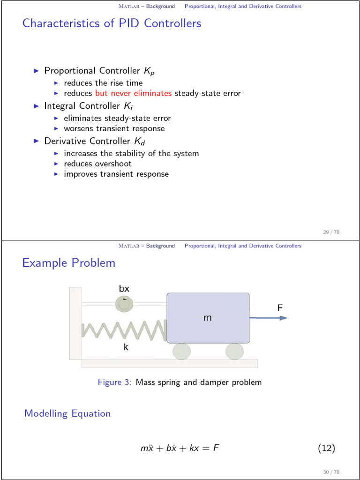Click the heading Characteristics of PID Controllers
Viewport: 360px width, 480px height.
pos(112,23)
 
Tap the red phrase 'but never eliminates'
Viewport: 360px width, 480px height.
pos(133,93)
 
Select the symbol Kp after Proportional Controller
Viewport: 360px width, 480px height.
pos(149,71)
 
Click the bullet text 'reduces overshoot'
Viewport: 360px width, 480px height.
pos(97,164)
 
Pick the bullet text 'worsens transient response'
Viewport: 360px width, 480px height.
pos(114,128)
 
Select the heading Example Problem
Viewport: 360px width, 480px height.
pos(68,262)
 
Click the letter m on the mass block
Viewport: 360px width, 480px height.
pos(208,318)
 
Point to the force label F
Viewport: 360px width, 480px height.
pos(280,308)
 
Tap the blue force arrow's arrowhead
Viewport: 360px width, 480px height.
pos(283,318)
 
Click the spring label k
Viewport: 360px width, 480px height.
pos(126,347)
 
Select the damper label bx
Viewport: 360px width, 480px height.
pos(124,289)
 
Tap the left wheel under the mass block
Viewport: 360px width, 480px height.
pos(181,352)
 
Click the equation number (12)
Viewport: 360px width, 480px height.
pos(326,449)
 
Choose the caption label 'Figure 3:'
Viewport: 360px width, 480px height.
pos(115,382)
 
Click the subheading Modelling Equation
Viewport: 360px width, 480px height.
pos(67,413)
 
